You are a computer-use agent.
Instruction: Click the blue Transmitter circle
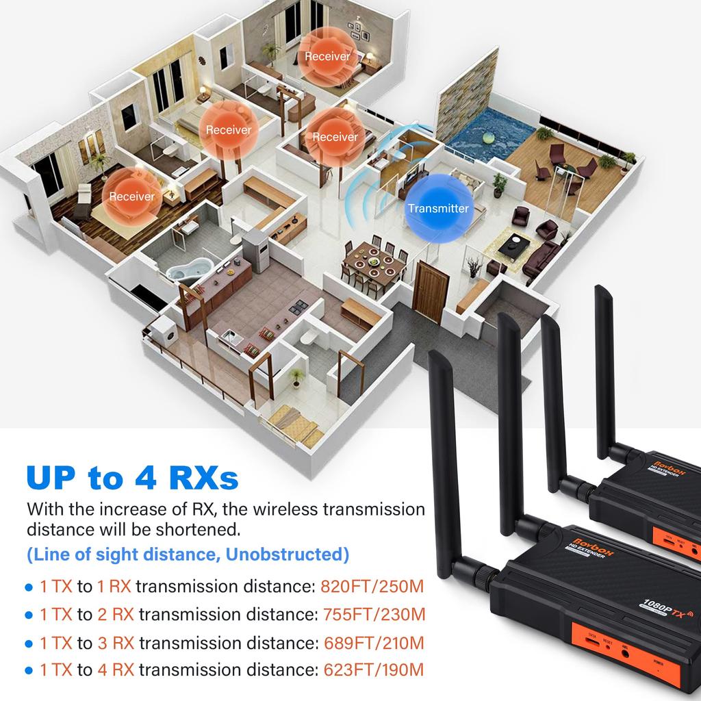pos(438,208)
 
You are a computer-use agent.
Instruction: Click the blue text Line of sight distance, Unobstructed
pos(187,554)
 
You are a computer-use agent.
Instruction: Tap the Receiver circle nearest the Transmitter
pos(335,136)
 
